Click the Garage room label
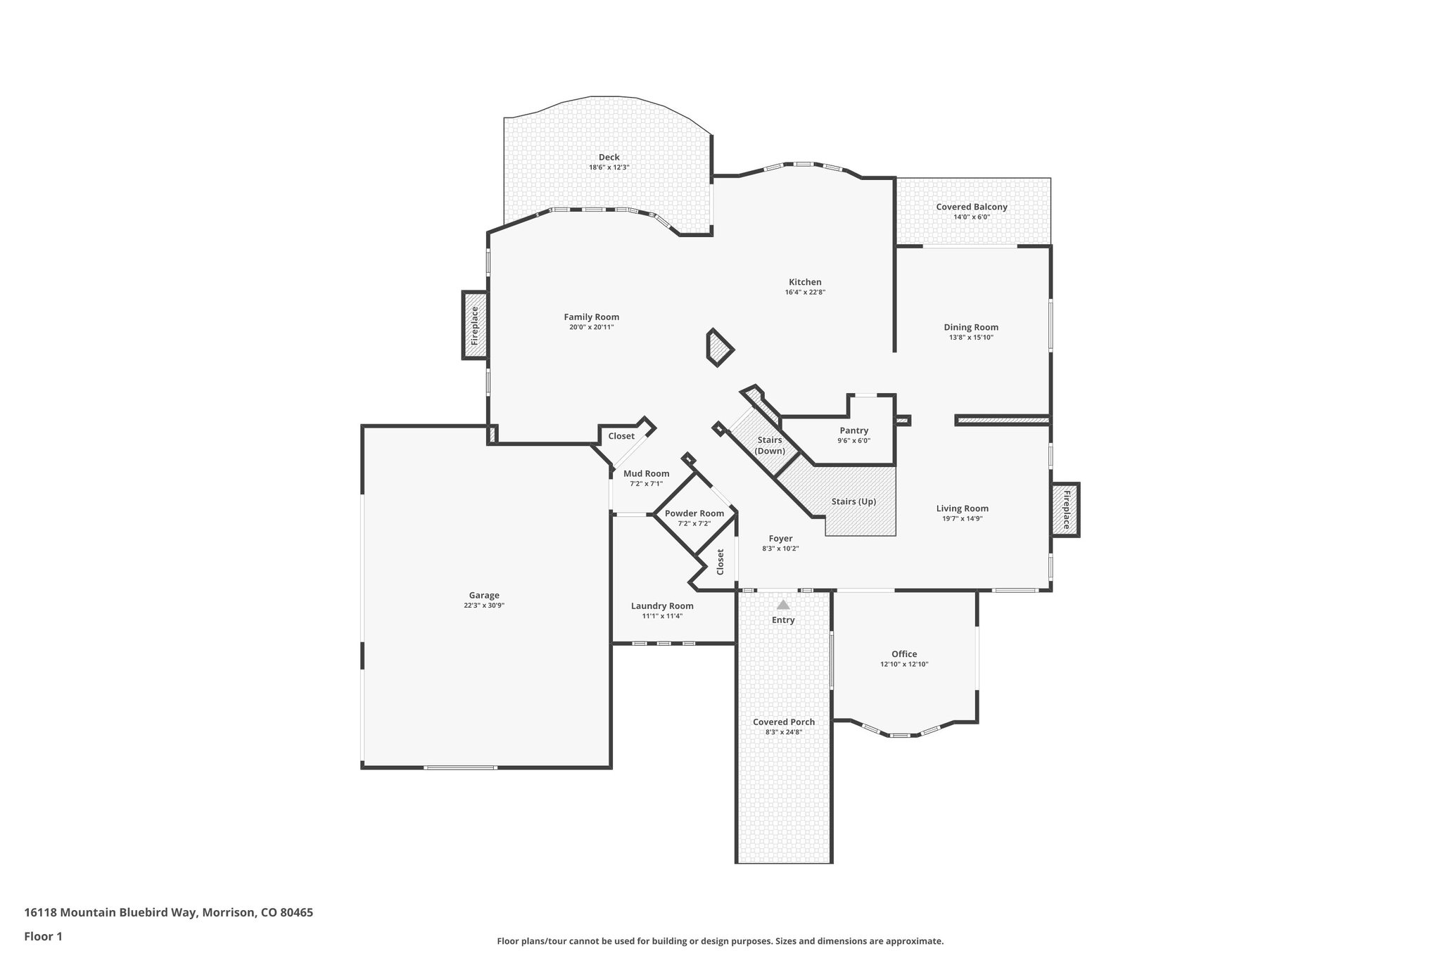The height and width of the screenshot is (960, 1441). pos(484,595)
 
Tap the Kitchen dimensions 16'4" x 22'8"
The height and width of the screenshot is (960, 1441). pos(805,292)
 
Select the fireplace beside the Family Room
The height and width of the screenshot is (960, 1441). pos(475,325)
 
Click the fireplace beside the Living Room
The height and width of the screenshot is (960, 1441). pos(1065,510)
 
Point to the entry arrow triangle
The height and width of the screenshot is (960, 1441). pos(783,605)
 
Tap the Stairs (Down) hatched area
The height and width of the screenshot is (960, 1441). pos(763,440)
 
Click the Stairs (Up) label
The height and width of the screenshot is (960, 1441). pos(853,501)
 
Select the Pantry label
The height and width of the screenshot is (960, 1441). pos(853,430)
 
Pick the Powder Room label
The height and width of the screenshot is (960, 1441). pos(694,513)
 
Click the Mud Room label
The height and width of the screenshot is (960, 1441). pos(646,473)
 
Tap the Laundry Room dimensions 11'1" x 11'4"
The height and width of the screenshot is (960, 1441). pos(662,616)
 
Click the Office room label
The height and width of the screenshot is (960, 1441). pos(904,654)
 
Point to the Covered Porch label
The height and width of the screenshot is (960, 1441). pos(784,722)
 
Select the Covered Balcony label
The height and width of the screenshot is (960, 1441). pos(971,207)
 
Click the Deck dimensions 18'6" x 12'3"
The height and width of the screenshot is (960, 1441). pos(609,167)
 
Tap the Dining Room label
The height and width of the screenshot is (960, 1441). pos(971,327)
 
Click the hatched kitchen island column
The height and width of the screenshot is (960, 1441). pos(719,348)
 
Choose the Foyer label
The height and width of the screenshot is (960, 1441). pos(780,539)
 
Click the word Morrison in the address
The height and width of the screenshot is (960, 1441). pos(229,912)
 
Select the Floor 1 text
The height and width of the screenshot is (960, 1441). pos(44,936)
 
